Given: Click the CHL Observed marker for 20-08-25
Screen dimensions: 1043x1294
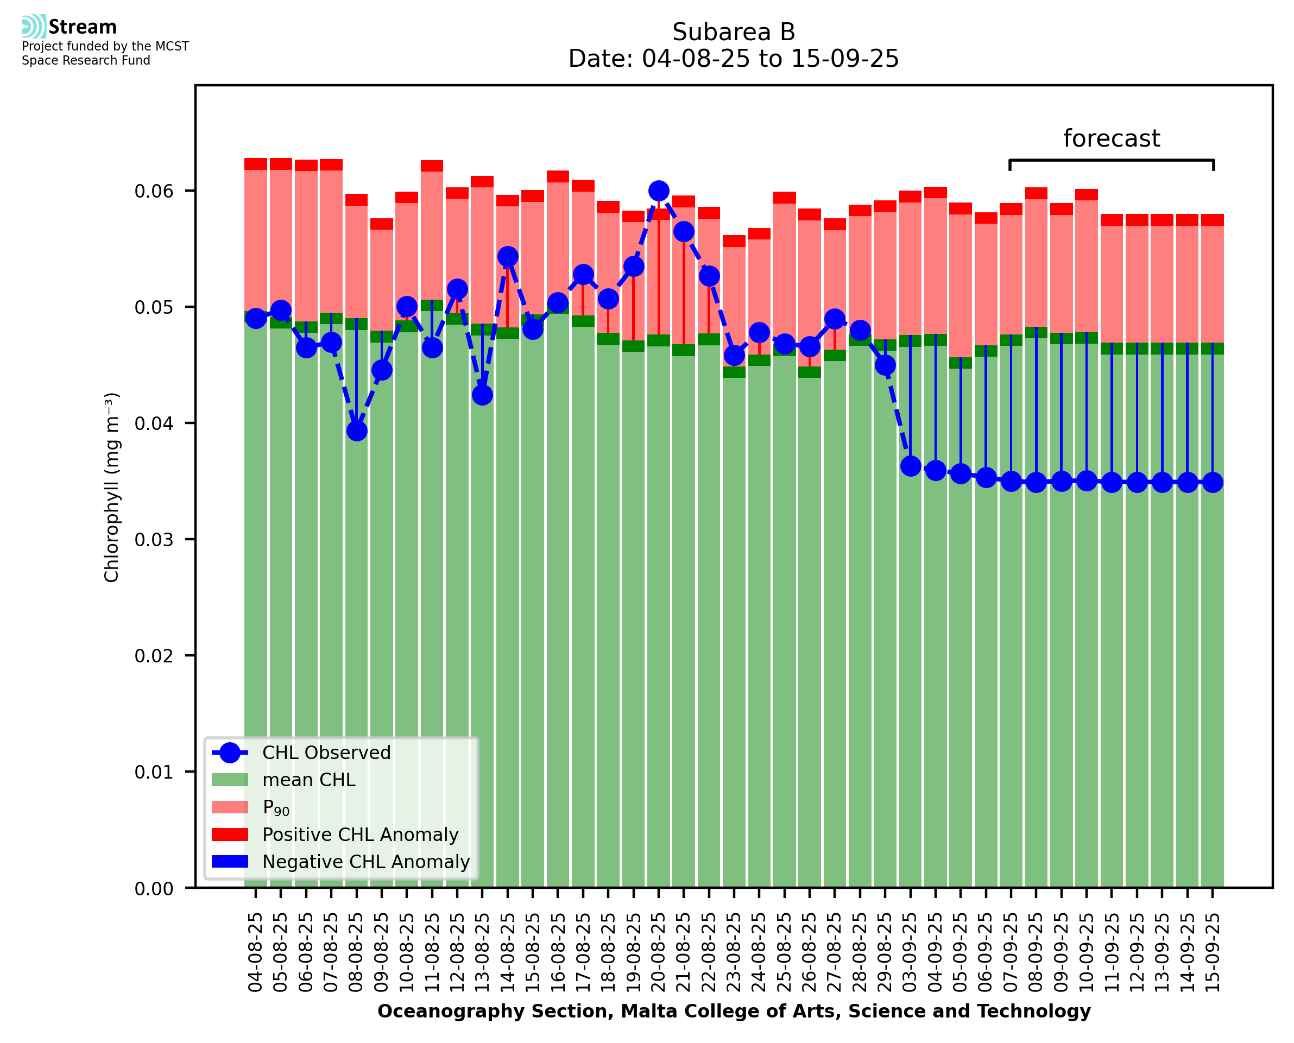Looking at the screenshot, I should click(659, 191).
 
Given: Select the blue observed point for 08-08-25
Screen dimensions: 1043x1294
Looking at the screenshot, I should click(357, 431).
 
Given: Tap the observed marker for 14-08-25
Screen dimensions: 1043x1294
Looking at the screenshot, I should click(508, 257).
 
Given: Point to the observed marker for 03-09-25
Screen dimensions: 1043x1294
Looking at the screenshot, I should click(911, 466).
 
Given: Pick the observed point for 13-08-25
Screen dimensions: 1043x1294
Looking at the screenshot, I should click(482, 395).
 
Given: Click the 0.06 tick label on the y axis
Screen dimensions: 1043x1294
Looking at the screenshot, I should click(154, 191).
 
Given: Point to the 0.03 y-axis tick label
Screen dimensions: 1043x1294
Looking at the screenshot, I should click(154, 540).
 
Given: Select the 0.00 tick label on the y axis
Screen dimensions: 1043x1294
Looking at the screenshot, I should click(154, 889).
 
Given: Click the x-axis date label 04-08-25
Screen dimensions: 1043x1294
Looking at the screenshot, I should click(256, 952).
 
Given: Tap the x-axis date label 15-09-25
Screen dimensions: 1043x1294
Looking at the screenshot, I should click(1213, 952).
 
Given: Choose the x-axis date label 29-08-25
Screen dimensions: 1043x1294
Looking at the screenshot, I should click(886, 952).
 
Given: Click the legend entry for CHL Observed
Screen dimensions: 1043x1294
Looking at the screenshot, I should click(326, 753).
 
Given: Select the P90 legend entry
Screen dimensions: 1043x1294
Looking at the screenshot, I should click(276, 807).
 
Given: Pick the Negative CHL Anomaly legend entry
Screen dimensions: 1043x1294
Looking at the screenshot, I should click(366, 862).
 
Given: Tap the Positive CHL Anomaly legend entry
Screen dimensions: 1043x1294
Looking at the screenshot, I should click(361, 835).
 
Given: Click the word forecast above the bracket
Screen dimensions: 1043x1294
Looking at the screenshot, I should click(1112, 138).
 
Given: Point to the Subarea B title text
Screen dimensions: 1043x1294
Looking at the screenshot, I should click(734, 32).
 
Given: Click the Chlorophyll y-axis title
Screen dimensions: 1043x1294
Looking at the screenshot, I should click(112, 487).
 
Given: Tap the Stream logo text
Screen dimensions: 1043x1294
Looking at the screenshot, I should click(83, 27).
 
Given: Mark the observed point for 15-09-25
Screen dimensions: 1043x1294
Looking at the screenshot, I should click(1213, 483).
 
